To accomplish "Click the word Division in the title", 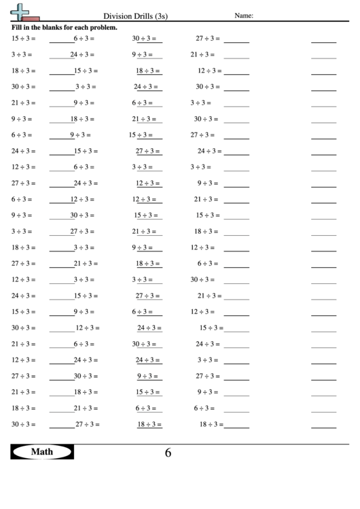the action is (x=116, y=16).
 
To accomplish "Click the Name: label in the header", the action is (x=244, y=16).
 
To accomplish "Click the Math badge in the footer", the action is (x=42, y=451).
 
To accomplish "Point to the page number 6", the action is (x=168, y=453).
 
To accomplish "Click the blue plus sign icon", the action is (x=22, y=10).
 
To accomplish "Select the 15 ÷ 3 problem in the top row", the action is (x=22, y=39).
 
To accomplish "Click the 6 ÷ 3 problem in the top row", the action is (x=84, y=39).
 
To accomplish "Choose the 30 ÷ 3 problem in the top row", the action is (x=144, y=39).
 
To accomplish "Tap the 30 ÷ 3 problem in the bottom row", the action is (x=22, y=424).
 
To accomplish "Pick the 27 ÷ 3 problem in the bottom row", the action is (x=86, y=424).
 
